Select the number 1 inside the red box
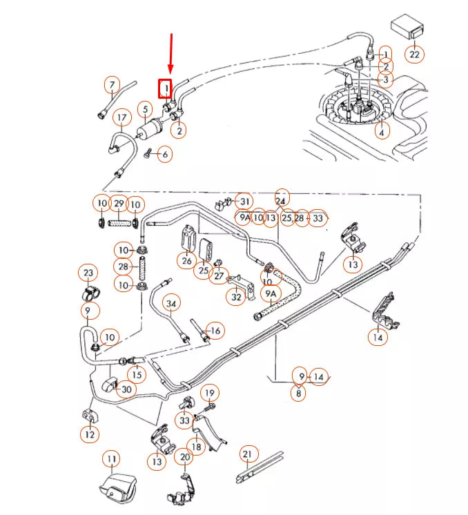[166, 88]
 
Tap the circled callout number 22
[414, 54]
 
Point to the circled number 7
[112, 86]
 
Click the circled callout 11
[112, 458]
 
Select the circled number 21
[248, 454]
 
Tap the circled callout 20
[185, 457]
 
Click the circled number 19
[208, 393]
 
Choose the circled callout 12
[89, 435]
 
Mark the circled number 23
[88, 273]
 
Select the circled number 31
[243, 201]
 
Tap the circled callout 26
[186, 261]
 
